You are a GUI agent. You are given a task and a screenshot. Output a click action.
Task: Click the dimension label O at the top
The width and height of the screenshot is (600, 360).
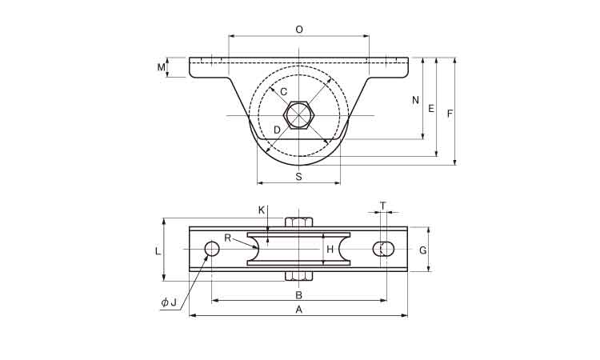(299, 30)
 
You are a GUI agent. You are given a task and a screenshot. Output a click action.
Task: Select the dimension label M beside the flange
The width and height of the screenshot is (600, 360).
(162, 67)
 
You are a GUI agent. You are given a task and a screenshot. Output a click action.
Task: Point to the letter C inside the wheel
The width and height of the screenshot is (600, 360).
(283, 92)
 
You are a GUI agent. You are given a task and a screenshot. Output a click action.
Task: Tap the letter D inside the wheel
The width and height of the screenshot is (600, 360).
(277, 130)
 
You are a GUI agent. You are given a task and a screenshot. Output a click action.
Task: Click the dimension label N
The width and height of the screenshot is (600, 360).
(415, 100)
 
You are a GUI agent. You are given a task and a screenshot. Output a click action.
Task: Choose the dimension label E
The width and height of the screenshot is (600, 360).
(431, 109)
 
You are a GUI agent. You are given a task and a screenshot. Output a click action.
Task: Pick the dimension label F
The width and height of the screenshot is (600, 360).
(450, 114)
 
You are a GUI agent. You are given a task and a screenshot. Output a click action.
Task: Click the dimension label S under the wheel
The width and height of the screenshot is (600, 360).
(299, 176)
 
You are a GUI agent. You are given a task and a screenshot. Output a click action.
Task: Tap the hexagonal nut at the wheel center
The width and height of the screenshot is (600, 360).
(299, 115)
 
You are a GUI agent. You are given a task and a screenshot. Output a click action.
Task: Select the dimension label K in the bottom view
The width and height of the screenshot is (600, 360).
(262, 210)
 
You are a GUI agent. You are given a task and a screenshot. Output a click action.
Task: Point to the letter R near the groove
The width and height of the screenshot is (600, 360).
(228, 238)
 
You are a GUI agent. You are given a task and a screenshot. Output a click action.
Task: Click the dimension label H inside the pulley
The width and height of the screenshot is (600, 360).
(330, 250)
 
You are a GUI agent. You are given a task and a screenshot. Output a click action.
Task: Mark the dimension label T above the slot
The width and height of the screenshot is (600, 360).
(383, 206)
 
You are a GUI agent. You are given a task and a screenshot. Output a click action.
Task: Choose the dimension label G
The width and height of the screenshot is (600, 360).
(423, 250)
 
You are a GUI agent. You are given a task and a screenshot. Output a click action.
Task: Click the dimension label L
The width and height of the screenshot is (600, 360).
(158, 251)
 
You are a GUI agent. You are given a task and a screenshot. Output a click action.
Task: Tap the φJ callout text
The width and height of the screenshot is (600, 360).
(169, 302)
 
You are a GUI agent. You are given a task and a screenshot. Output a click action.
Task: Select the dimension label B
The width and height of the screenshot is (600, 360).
(299, 295)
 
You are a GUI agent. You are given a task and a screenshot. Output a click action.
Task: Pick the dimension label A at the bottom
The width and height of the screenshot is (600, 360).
(299, 310)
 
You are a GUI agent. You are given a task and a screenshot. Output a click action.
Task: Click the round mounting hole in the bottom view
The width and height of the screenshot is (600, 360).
(212, 249)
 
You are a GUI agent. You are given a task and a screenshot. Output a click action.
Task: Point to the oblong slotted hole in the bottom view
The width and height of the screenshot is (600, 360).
(384, 249)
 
